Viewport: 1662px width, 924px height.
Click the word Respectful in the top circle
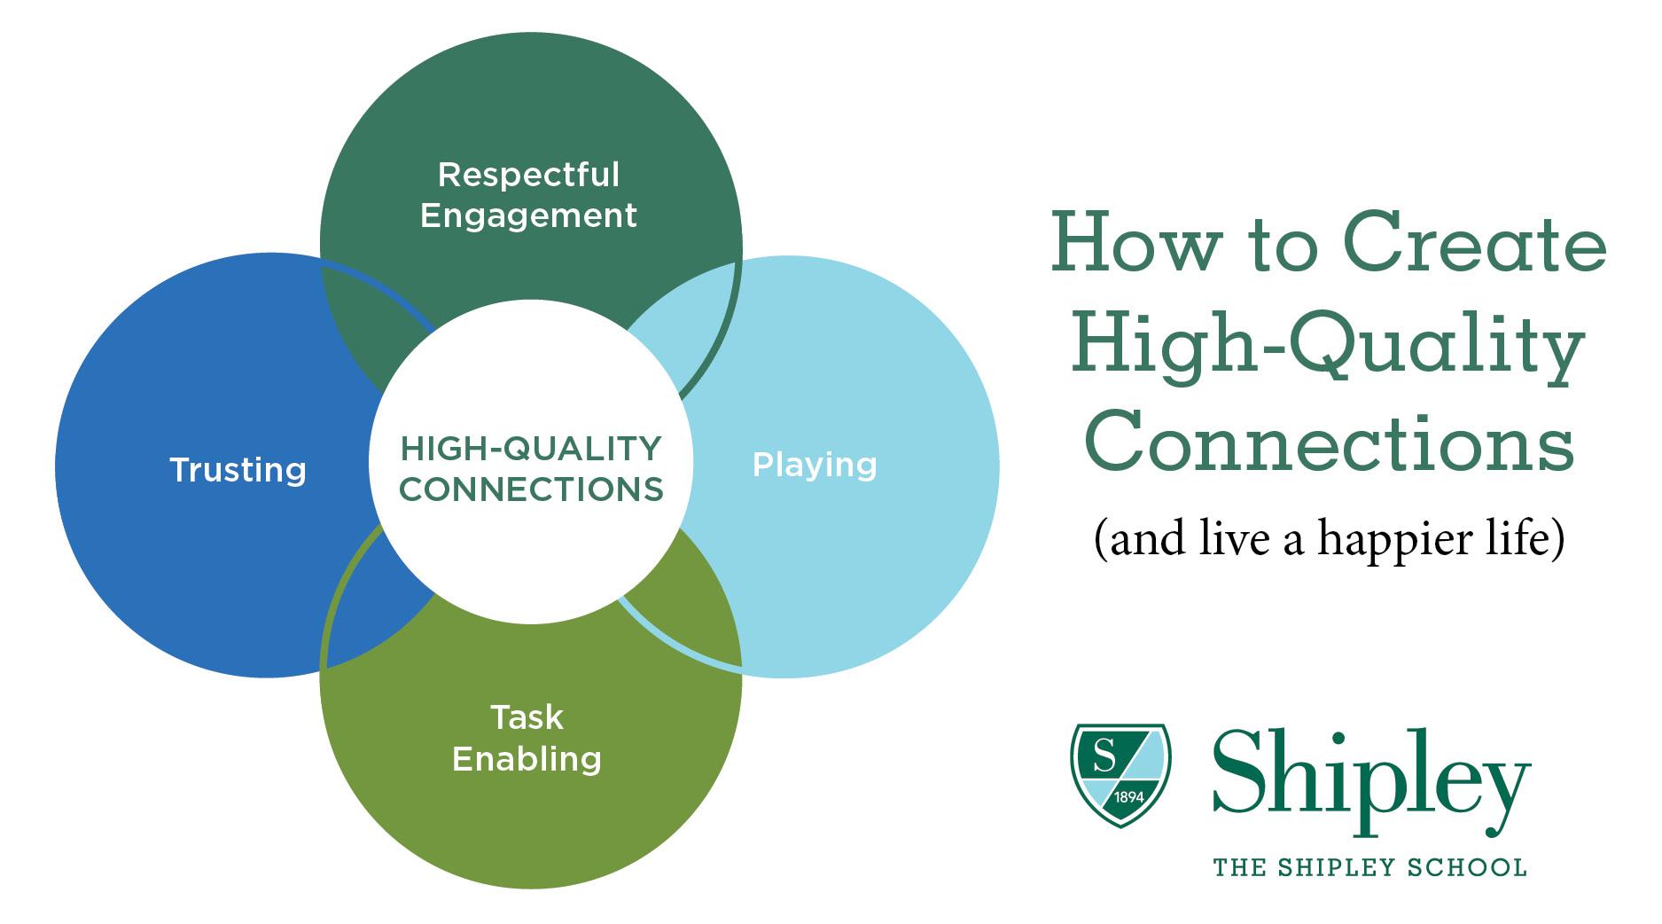[528, 176]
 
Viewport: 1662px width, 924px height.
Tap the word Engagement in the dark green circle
[528, 216]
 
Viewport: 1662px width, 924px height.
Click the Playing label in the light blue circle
[815, 466]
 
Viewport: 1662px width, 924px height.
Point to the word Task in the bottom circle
[527, 716]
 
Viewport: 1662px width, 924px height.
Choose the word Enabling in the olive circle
[527, 759]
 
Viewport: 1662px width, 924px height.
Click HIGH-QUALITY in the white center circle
[531, 449]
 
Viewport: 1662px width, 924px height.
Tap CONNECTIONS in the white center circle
[531, 489]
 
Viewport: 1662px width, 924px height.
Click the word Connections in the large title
[1329, 441]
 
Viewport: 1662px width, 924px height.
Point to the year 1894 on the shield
[1129, 797]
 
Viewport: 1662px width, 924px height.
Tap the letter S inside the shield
[1104, 756]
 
